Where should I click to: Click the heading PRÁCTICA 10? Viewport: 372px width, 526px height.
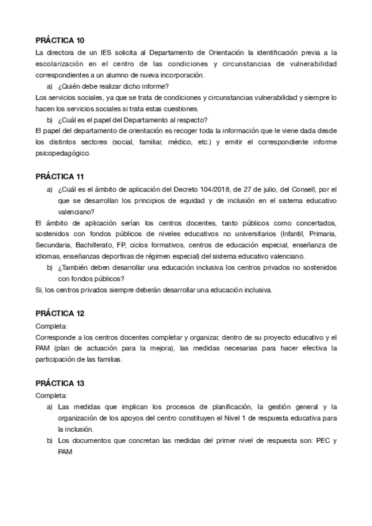(60, 41)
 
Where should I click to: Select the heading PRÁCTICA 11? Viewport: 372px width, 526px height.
(60, 176)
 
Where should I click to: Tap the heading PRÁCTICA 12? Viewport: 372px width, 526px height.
(60, 313)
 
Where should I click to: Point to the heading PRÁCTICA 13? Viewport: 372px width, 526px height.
(60, 383)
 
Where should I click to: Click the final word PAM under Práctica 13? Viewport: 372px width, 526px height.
(65, 452)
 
